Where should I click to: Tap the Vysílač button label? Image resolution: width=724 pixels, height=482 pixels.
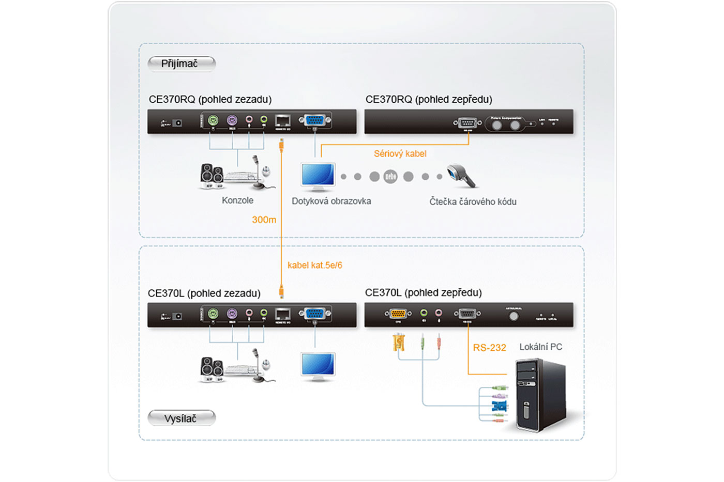(x=181, y=418)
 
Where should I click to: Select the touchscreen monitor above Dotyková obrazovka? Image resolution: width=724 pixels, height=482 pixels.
(x=318, y=176)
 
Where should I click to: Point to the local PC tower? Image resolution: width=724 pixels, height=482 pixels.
(x=540, y=395)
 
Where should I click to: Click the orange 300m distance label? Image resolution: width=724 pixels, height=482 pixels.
(x=264, y=220)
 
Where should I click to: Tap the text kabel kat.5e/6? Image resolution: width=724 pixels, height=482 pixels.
(x=314, y=265)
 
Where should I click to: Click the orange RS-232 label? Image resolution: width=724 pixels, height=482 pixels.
(x=489, y=348)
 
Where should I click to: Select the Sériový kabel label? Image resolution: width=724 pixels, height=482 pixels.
(x=400, y=153)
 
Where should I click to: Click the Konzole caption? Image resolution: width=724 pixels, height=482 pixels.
(x=237, y=200)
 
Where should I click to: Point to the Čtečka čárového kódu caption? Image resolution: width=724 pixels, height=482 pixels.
(x=473, y=201)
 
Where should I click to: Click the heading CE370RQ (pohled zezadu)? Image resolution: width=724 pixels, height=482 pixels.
(x=210, y=99)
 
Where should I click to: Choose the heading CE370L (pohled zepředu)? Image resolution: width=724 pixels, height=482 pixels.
(x=423, y=292)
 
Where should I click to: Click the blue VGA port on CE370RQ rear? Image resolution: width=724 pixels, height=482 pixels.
(x=315, y=121)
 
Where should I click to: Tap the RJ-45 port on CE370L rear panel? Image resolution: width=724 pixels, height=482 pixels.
(x=282, y=313)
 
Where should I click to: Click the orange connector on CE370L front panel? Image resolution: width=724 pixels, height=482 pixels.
(x=398, y=313)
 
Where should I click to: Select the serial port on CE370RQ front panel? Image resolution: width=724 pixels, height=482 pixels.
(x=467, y=123)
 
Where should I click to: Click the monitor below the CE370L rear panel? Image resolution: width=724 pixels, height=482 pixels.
(x=318, y=365)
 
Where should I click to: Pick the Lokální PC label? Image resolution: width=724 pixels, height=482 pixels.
(x=540, y=347)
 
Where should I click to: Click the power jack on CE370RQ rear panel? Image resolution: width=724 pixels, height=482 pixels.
(x=177, y=123)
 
